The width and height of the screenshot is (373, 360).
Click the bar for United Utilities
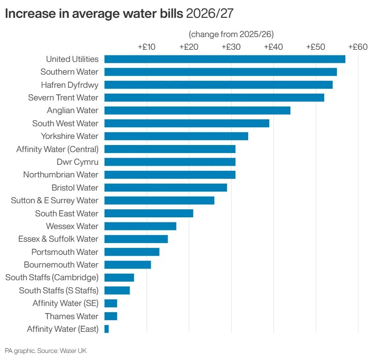coord(225,59)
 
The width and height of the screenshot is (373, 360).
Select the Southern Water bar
coord(220,72)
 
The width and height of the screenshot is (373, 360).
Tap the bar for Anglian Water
coord(197,110)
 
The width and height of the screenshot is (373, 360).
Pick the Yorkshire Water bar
coord(176,136)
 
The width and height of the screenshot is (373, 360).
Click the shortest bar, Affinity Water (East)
coord(107,329)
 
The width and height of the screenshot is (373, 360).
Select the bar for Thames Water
coord(111,316)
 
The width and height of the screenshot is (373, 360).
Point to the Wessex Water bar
coord(140,226)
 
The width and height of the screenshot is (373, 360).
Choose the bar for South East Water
coord(148,214)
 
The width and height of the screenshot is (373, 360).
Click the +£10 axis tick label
coord(147,47)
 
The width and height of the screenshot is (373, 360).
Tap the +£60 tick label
coord(357,47)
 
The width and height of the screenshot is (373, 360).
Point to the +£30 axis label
coord(231,47)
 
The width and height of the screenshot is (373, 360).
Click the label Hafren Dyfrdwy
coord(70,85)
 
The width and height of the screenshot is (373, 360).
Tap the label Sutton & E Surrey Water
coord(54,200)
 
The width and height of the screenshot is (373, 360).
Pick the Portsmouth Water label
coord(65,252)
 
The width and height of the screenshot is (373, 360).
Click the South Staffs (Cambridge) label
coord(52,277)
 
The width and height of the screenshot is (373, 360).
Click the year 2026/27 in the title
coord(210,14)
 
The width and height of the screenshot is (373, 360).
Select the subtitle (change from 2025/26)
coord(231,34)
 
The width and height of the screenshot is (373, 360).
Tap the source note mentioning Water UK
coord(46,351)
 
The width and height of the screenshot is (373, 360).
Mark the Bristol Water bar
coord(165,188)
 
